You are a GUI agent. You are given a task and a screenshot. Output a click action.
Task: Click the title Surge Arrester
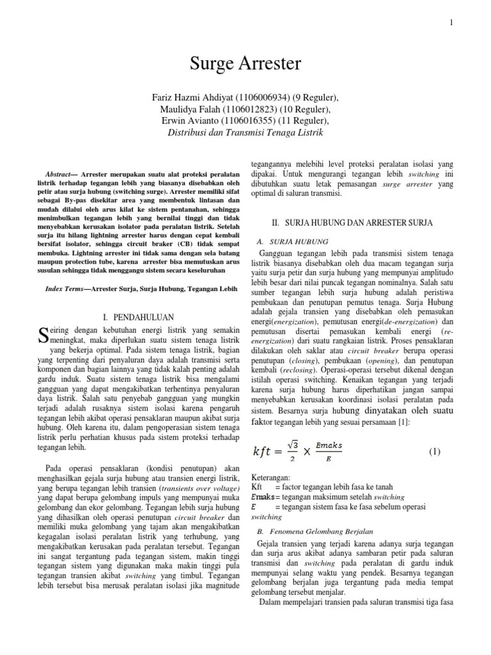click(x=245, y=65)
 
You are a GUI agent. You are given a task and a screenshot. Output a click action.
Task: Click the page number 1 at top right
click(x=451, y=23)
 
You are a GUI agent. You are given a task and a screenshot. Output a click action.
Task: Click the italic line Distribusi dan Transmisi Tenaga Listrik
click(x=245, y=132)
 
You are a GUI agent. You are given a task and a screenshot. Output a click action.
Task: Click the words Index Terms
click(x=66, y=272)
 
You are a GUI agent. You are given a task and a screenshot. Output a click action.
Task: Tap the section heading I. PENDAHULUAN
click(x=139, y=317)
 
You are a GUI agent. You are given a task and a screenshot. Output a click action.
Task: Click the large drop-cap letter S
click(x=43, y=334)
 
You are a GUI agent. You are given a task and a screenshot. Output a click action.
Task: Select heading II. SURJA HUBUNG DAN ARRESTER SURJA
click(x=352, y=223)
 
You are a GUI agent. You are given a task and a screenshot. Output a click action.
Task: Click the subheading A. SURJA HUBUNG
click(x=292, y=241)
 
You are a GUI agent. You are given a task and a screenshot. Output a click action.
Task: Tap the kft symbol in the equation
click(x=268, y=452)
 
